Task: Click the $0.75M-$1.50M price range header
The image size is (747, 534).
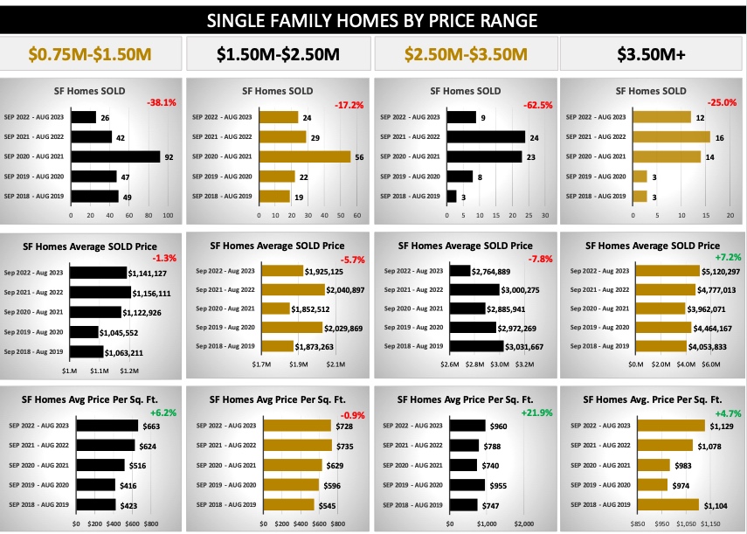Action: pos(92,55)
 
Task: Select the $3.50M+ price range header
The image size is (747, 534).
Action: pos(652,55)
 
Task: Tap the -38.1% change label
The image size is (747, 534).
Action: pos(163,102)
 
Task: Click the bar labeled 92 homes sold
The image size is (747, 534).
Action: pos(115,156)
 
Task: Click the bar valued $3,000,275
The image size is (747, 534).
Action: pos(485,289)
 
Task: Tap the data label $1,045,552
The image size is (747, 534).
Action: pos(126,332)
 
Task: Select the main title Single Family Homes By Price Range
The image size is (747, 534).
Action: pos(373,20)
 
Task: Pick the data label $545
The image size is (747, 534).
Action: pos(327,504)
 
